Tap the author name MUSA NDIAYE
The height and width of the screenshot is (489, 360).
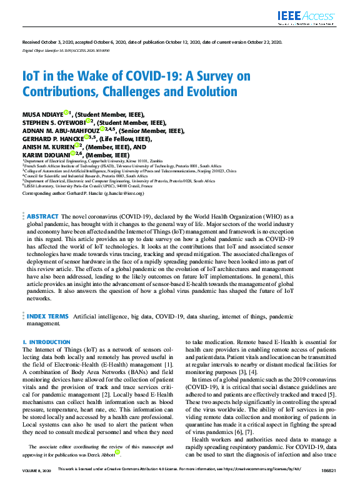pyautogui.click(x=42, y=115)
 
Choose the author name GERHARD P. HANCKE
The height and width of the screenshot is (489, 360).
pyautogui.click(x=51, y=139)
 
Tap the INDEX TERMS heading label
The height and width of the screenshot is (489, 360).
pyautogui.click(x=47, y=317)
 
